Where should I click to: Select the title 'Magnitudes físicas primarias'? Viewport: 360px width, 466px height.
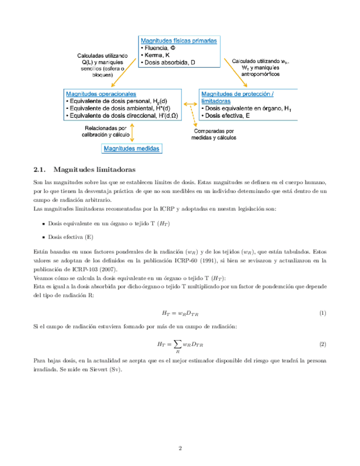pos(179,41)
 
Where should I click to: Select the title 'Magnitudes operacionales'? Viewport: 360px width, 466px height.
pos(101,94)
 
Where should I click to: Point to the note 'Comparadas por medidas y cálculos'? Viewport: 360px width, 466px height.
pos(214,135)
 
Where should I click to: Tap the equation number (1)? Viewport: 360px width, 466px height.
pos(323,313)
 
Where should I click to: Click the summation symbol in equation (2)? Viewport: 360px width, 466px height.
pos(176,344)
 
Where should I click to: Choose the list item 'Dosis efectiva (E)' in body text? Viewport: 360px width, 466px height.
pos(70,237)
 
